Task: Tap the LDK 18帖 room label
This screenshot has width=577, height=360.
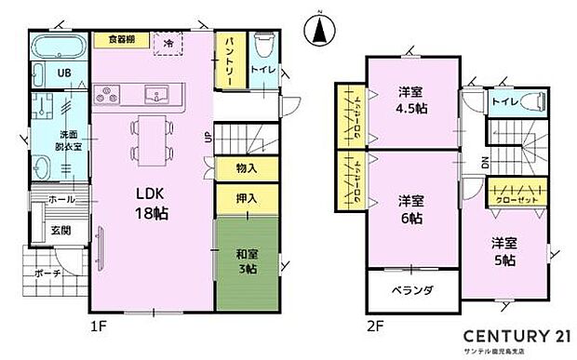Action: pyautogui.click(x=152, y=202)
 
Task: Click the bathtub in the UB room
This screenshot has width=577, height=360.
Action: pyautogui.click(x=60, y=48)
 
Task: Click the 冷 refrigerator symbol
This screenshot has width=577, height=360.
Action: pyautogui.click(x=168, y=43)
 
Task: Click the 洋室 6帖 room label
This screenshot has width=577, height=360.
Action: pyautogui.click(x=412, y=209)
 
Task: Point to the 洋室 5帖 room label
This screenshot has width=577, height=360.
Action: pyautogui.click(x=503, y=251)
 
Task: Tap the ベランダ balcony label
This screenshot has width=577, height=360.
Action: pyautogui.click(x=412, y=290)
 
